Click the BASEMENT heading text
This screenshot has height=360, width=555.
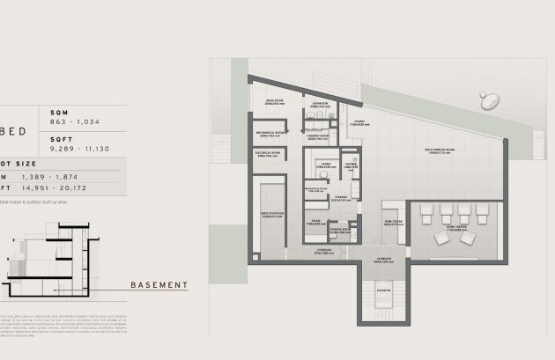(159, 284)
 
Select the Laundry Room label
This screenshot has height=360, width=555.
(319, 136)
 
